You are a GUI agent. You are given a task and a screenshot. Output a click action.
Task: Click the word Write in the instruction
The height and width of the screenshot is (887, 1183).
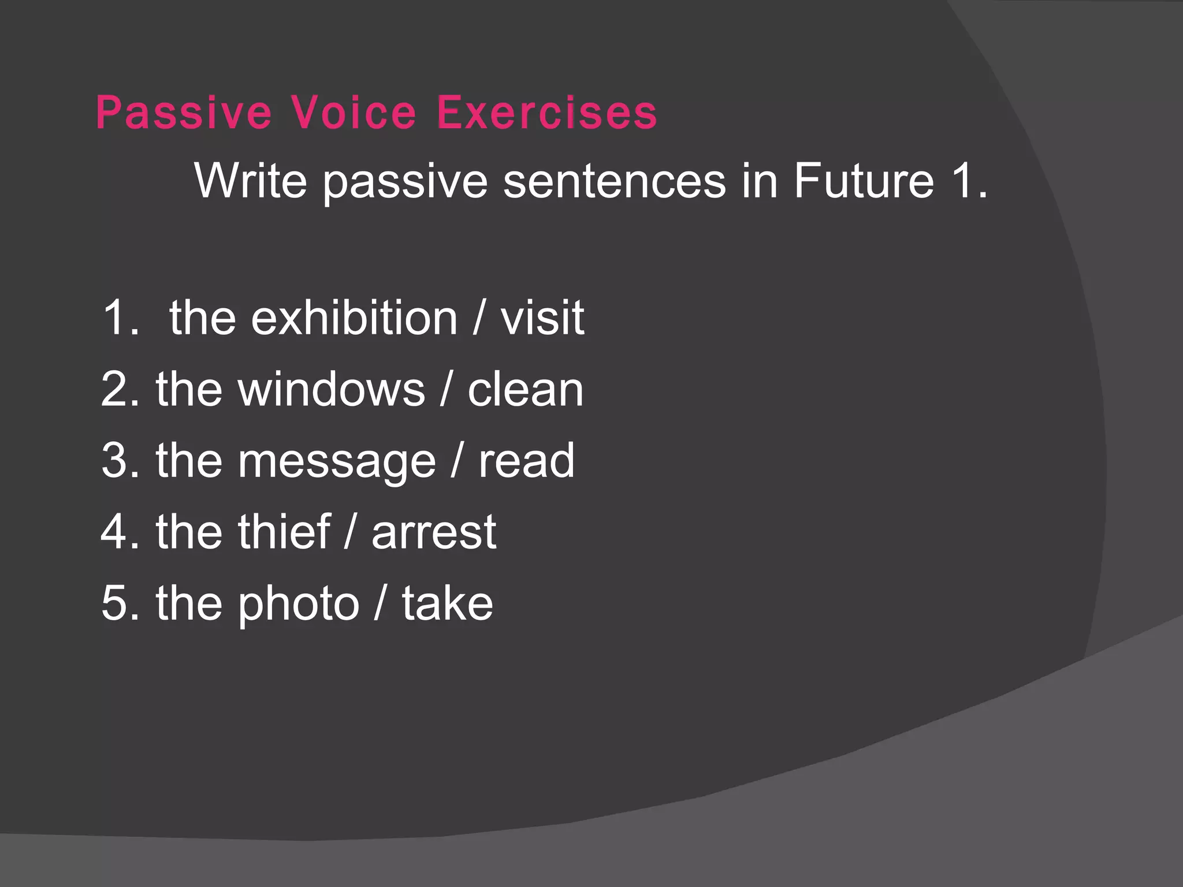[251, 181]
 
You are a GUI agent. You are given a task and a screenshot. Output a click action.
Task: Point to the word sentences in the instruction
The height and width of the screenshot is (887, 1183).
[614, 181]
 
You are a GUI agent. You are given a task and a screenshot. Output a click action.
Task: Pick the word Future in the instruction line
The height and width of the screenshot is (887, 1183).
[864, 181]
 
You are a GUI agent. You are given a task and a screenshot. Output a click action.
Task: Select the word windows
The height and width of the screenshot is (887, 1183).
[332, 389]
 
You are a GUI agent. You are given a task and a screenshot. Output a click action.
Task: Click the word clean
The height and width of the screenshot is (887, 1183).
[525, 389]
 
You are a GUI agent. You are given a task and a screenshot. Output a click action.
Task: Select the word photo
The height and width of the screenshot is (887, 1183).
[299, 604]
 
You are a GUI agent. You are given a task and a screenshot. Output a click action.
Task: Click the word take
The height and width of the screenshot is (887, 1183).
[448, 603]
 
